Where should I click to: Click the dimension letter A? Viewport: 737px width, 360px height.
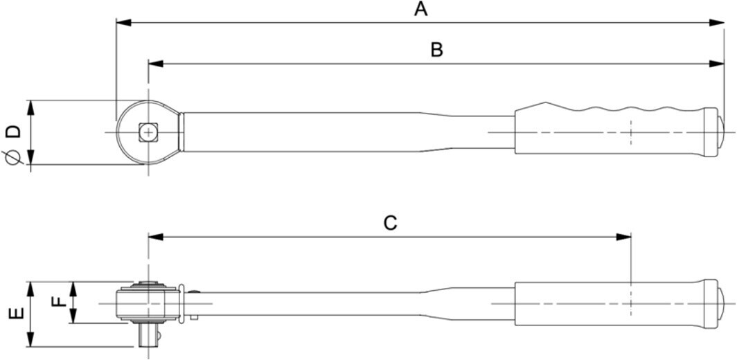point(420,8)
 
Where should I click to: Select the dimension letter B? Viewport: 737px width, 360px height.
point(437,50)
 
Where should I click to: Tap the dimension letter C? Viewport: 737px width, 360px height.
point(391,223)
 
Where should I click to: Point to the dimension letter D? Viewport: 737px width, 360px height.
point(15,132)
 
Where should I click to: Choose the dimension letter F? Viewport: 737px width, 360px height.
point(59,300)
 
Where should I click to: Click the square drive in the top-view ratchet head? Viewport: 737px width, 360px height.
point(148,132)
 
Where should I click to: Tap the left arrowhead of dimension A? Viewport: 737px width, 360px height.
point(123,23)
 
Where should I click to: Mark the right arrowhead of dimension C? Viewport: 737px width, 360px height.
point(623,237)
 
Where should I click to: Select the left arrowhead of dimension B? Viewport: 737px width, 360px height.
point(156,64)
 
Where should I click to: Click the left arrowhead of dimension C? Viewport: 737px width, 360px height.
point(156,237)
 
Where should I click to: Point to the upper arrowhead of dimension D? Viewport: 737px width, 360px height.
point(30,107)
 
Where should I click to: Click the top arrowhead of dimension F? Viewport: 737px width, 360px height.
point(73,289)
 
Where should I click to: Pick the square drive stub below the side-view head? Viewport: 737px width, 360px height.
point(148,336)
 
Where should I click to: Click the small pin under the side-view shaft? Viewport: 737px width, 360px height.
point(194,318)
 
